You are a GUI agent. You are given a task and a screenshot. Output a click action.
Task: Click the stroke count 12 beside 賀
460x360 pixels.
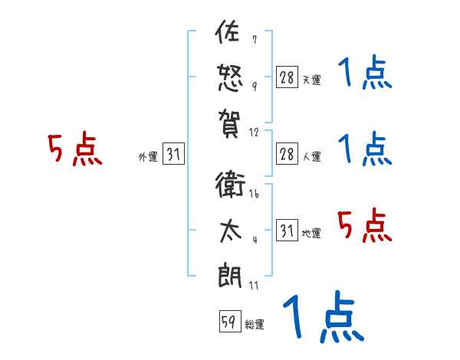(254, 133)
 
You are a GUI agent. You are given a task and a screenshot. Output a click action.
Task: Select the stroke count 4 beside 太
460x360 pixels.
(255, 239)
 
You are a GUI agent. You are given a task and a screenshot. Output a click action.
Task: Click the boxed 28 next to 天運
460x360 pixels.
(287, 77)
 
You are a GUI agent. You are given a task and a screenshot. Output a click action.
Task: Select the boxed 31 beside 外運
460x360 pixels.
(173, 154)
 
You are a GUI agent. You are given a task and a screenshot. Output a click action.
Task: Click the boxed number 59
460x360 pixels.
(229, 321)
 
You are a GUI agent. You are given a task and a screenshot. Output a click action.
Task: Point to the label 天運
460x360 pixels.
(311, 80)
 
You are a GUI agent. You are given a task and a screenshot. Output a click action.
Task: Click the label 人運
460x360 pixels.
(311, 156)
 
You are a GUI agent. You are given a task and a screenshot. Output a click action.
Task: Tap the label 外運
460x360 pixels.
(148, 157)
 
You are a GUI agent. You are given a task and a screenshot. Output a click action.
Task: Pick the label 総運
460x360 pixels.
(255, 324)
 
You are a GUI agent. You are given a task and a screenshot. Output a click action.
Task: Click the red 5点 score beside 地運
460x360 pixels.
(364, 225)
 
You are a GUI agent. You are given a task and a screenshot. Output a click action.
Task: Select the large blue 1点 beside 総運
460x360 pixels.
(322, 316)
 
